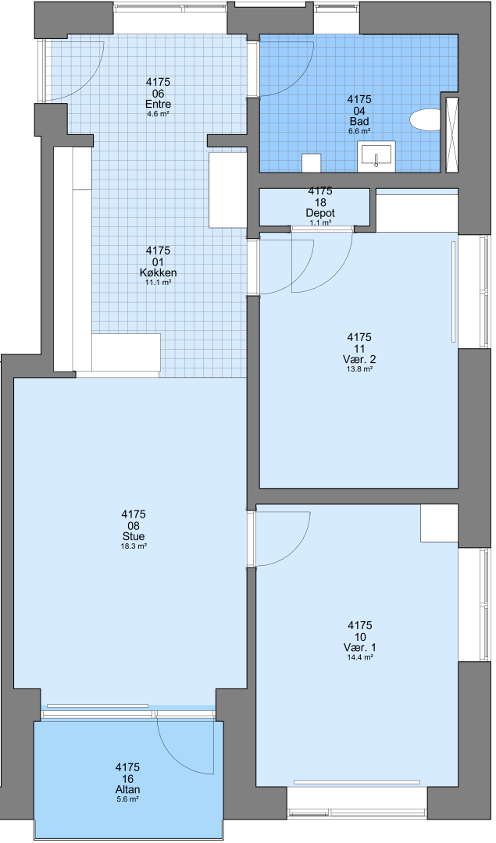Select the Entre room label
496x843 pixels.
click(158, 105)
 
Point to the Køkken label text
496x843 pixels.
click(158, 272)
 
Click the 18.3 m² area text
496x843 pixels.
click(134, 546)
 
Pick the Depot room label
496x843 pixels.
click(320, 213)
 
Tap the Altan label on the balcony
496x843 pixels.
click(128, 790)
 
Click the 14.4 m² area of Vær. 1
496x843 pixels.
click(360, 657)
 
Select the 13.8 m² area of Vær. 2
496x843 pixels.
click(360, 369)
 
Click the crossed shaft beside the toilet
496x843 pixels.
click(452, 135)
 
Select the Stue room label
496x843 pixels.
click(134, 536)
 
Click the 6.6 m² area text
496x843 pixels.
click(359, 131)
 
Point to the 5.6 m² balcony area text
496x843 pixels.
click(128, 799)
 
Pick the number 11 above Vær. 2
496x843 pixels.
click(360, 349)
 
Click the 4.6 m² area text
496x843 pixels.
click(158, 114)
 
